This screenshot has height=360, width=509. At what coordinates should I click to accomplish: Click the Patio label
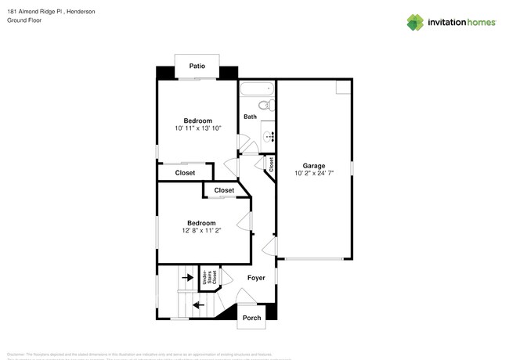(197, 67)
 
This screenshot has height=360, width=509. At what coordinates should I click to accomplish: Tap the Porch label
(251, 318)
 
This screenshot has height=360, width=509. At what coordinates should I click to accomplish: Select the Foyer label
(256, 278)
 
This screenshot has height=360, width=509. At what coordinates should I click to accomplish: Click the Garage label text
(313, 166)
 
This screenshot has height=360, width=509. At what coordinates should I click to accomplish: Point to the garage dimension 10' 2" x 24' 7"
(313, 175)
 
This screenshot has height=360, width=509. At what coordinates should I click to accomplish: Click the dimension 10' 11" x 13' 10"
(197, 128)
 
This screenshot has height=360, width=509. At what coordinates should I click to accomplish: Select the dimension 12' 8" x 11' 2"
(200, 231)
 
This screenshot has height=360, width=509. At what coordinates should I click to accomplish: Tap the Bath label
(250, 117)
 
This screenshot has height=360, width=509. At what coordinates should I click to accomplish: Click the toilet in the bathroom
(264, 104)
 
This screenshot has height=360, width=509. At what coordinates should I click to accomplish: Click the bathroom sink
(269, 136)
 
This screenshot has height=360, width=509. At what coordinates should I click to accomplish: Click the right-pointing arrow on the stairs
(187, 276)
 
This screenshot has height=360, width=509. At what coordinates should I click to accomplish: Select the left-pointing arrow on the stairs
(197, 304)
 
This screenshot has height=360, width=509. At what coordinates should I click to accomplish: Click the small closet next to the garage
(271, 165)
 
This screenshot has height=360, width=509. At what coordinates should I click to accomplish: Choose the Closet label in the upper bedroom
(185, 173)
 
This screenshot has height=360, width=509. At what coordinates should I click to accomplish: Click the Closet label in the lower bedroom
(224, 190)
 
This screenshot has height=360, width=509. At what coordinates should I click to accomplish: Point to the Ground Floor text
(23, 21)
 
